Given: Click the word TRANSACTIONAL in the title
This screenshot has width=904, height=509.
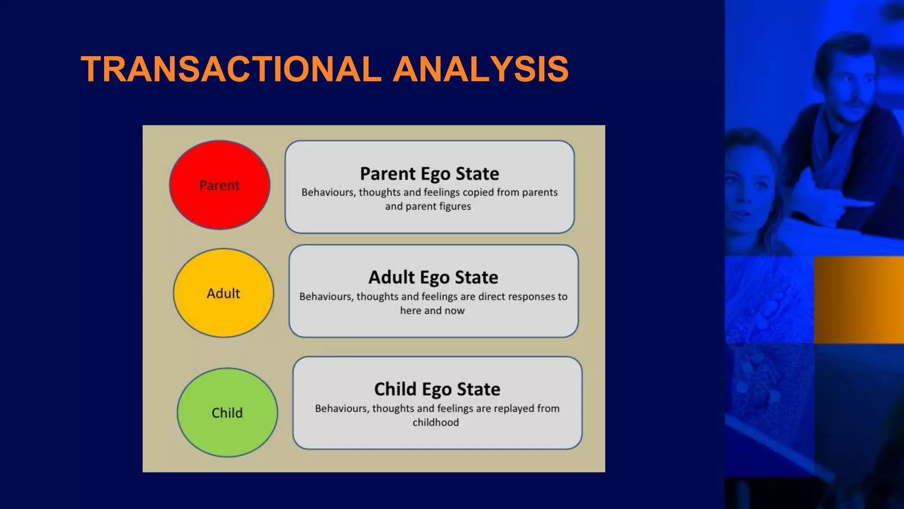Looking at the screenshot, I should click(x=231, y=69).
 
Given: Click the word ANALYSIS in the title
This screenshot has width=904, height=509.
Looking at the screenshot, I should click(x=481, y=69).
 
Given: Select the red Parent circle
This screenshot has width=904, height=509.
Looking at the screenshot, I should click(x=220, y=185).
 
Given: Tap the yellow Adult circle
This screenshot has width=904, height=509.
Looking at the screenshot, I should click(x=223, y=293).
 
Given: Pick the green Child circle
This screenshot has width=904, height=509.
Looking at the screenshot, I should click(x=227, y=413).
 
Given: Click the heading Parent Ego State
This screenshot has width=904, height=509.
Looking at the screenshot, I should click(x=429, y=174).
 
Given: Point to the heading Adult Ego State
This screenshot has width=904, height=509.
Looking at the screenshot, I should click(x=433, y=277).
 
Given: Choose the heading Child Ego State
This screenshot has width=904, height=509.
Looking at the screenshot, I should click(x=437, y=389).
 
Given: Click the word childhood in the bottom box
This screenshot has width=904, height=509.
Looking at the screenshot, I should click(x=436, y=423).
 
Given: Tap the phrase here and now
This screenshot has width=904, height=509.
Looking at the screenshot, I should click(x=432, y=311).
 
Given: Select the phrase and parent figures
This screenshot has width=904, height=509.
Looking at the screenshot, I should click(x=428, y=206).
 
